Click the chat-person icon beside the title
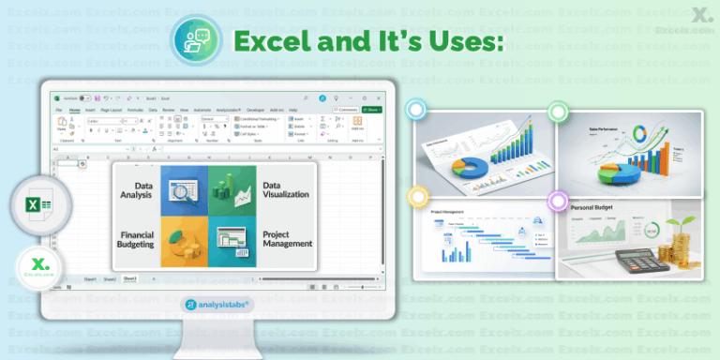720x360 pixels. point(195,40)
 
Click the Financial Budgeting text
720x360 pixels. point(137,238)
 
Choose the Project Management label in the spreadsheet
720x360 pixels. point(287,238)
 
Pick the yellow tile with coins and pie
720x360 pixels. point(182,241)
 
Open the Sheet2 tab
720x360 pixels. point(111,279)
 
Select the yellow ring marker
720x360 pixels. point(416,196)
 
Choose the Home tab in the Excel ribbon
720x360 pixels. point(74,110)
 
